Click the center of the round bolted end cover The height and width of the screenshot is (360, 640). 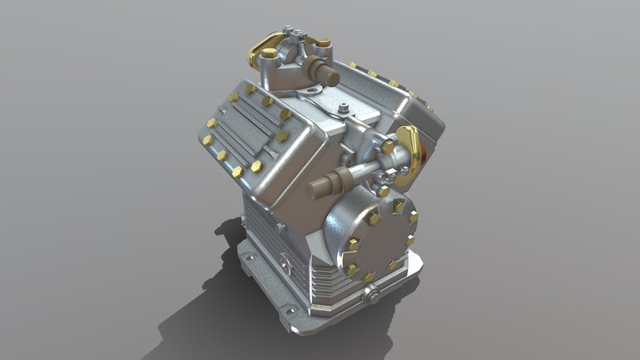coord(379,238)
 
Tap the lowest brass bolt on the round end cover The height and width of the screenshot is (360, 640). coord(369,276)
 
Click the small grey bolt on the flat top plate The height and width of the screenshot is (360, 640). coord(343,109)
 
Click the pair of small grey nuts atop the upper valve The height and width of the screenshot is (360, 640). coord(304,35)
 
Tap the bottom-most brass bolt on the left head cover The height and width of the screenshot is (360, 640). coord(236,172)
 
